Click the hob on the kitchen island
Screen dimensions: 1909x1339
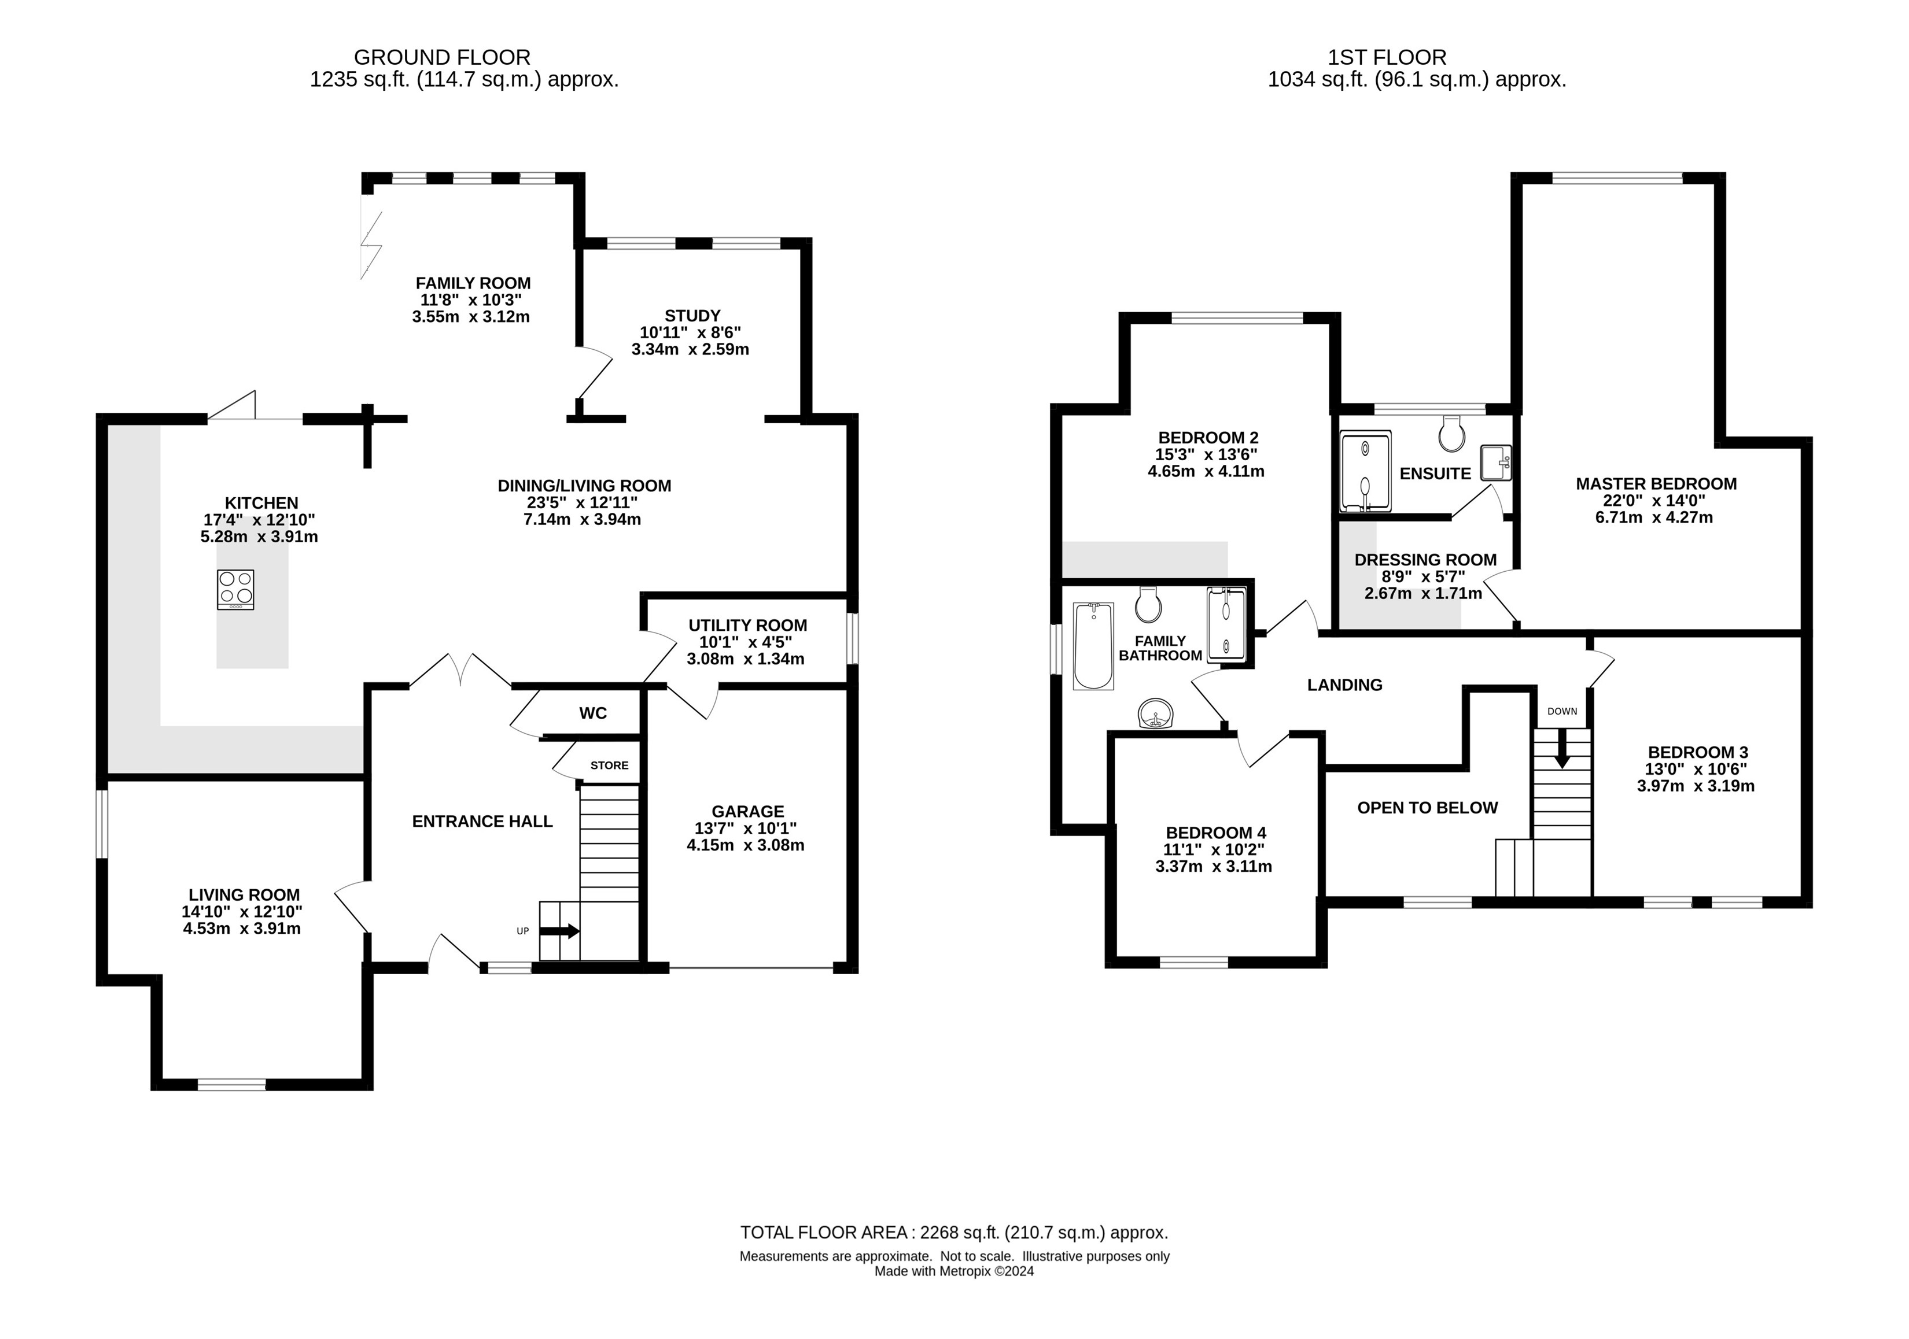[236, 590]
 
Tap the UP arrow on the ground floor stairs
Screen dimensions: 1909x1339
[559, 931]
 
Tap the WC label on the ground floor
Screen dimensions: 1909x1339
[593, 713]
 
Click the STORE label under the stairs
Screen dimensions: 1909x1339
[610, 765]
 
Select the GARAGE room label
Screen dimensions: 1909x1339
[747, 811]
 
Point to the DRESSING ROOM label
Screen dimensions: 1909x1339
[1425, 560]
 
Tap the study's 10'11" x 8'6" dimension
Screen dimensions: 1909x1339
[690, 332]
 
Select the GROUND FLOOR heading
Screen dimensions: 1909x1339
[443, 57]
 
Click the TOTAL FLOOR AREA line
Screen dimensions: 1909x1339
[954, 1233]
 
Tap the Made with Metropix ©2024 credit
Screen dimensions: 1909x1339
[954, 1271]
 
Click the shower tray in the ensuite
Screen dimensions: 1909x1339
[1365, 471]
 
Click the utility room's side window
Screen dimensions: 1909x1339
[852, 638]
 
